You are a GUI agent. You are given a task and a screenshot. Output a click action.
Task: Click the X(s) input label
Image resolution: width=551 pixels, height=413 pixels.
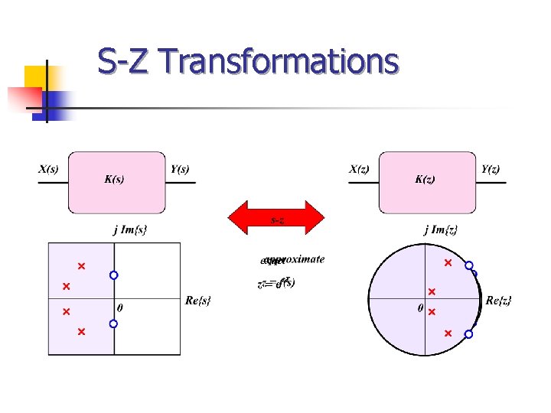point(48,170)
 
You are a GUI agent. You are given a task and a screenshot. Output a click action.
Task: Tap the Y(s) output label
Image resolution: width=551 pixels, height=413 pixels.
point(181,170)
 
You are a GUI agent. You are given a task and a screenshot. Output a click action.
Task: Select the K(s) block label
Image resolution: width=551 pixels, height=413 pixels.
point(115,180)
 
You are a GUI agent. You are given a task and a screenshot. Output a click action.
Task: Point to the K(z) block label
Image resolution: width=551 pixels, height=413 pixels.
point(425,180)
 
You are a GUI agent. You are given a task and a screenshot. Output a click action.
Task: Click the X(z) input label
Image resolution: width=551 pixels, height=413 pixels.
point(359,170)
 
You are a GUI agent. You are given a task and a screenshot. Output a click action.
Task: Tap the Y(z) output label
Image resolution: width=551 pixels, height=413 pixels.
point(491,170)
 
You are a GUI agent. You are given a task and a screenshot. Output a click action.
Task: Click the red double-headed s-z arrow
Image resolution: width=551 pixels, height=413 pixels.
point(278,218)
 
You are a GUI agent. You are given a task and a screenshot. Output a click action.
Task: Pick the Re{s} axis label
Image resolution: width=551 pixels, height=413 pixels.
point(197,301)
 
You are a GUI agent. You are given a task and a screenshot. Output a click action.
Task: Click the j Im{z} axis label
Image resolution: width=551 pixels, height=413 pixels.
point(441,229)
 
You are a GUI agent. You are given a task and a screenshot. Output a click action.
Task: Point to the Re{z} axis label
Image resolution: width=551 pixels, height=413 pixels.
point(499,301)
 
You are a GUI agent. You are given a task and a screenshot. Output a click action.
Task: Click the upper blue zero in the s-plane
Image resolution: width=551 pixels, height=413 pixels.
point(113,275)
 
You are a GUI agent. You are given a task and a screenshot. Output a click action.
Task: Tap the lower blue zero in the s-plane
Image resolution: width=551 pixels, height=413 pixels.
point(113,324)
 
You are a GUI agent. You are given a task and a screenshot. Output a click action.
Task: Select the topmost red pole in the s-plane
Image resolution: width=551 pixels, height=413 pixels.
point(80,266)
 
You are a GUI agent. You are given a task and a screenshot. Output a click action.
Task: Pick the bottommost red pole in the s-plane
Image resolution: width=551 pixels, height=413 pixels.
point(80,332)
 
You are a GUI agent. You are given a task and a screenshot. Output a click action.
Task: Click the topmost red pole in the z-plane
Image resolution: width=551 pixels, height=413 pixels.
point(448,263)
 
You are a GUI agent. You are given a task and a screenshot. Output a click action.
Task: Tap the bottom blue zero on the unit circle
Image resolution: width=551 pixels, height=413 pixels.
point(468,334)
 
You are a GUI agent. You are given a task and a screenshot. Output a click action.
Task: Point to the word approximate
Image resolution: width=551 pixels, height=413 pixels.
point(298,259)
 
